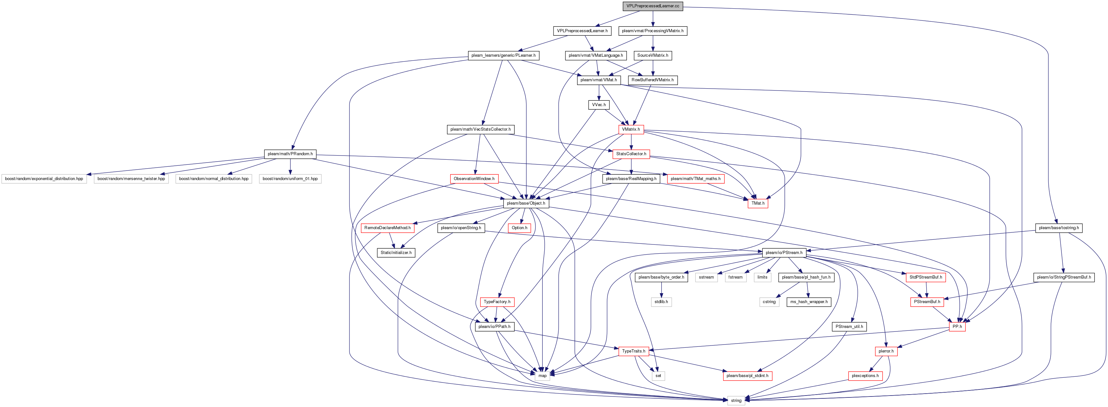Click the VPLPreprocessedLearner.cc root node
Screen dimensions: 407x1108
pos(652,6)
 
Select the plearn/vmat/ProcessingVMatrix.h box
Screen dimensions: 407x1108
pos(652,31)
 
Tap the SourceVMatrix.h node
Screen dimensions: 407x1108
pos(652,55)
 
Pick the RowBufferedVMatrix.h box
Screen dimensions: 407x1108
pos(652,80)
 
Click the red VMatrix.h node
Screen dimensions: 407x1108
pos(631,129)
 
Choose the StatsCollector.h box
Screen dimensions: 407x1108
pos(631,154)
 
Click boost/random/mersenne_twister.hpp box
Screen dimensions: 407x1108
pos(131,179)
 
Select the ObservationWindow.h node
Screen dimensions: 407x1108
pos(473,179)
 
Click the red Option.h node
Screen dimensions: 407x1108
pos(519,228)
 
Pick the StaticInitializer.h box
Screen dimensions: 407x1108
pos(396,253)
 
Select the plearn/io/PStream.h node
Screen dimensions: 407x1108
pos(784,253)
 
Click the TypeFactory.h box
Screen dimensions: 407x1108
pos(497,302)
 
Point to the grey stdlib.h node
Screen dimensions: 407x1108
pos(661,302)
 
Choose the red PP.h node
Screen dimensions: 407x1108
pos(957,327)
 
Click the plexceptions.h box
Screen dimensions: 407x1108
pos(865,376)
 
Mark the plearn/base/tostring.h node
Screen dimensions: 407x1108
pos(1059,228)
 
